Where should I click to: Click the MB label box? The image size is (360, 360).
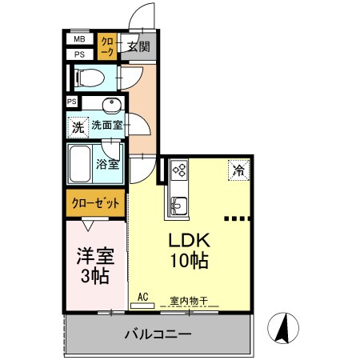coord(80,39)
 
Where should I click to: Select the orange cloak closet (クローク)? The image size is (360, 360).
coord(107,46)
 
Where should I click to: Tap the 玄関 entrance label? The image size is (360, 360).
coord(138,46)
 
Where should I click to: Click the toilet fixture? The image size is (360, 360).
coord(90,78)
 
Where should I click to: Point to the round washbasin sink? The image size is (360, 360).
coord(112,105)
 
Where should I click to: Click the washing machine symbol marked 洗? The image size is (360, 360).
coord(78,127)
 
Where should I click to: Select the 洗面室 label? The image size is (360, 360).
coord(107,125)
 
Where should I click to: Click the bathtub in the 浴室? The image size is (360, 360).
coord(80,164)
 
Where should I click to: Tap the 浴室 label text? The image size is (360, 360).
coord(107,164)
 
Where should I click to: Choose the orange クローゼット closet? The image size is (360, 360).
coord(96,203)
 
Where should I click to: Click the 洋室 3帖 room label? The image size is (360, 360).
coord(95,266)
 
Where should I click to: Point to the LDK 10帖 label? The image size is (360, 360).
coord(190,250)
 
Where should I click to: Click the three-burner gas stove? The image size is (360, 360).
coord(179,170)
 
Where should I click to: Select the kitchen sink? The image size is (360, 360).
coord(179,206)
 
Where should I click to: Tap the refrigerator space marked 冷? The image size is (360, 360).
coord(238,170)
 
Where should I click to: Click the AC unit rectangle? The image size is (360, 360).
coord(142,306)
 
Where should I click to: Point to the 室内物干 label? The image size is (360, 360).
coord(189,301)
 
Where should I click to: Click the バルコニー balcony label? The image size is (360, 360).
coord(158,334)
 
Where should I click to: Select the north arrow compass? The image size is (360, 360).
coord(283,328)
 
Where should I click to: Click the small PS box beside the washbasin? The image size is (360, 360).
coord(72,102)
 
